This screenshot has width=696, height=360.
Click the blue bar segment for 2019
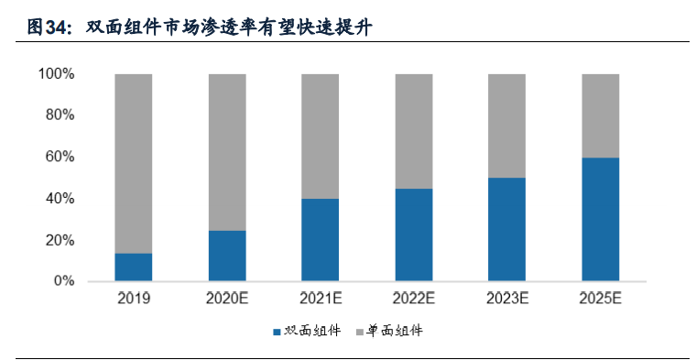(134, 267)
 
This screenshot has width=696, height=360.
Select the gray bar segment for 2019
(134, 163)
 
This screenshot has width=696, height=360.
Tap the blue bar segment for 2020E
(227, 256)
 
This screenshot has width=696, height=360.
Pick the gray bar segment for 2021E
(321, 136)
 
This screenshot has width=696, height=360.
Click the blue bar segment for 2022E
(414, 235)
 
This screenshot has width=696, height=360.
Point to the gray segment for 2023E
(506, 125)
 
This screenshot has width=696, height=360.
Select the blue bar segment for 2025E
(600, 219)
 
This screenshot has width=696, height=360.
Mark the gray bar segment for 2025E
(600, 115)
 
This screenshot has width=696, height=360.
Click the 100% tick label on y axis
(57, 73)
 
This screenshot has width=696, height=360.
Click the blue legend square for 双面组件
(277, 331)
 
